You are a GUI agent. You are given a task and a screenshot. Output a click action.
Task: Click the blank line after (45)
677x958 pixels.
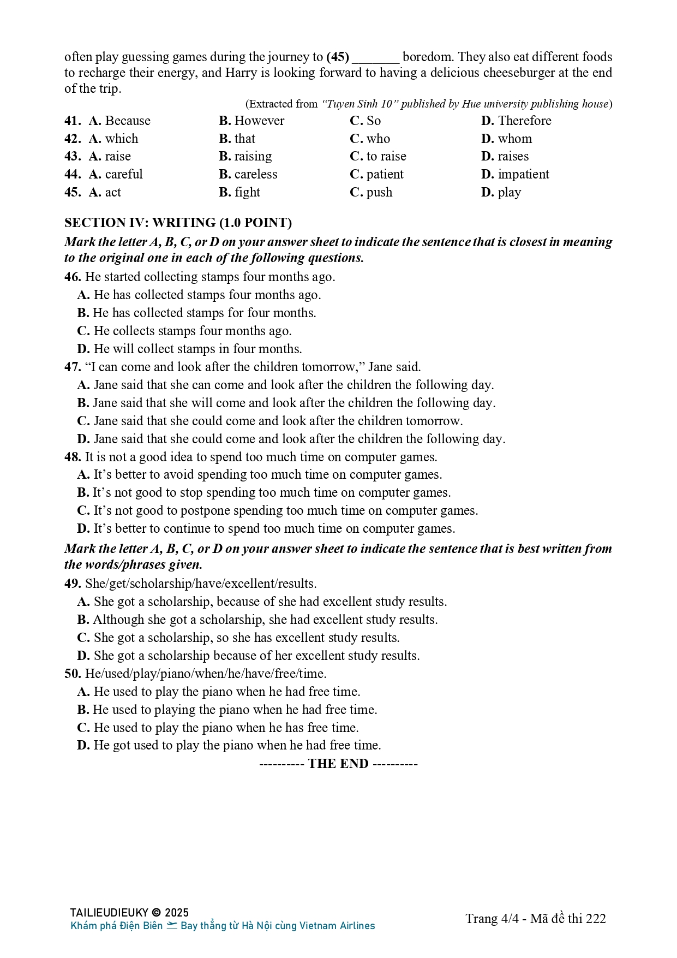click(x=375, y=58)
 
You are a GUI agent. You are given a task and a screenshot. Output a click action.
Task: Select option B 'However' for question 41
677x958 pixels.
click(x=252, y=121)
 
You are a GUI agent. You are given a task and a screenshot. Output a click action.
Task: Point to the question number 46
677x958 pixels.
click(x=73, y=277)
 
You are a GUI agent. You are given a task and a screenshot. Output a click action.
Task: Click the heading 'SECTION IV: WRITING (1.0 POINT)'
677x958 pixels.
click(x=178, y=223)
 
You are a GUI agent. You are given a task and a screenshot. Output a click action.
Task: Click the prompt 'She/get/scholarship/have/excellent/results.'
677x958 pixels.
click(x=201, y=584)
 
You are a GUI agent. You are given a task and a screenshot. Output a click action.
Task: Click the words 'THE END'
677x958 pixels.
click(x=338, y=764)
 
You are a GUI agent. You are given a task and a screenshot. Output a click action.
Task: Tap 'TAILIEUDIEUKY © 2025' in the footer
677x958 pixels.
click(x=129, y=913)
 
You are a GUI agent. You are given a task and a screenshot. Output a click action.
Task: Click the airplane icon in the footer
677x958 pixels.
click(x=172, y=925)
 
